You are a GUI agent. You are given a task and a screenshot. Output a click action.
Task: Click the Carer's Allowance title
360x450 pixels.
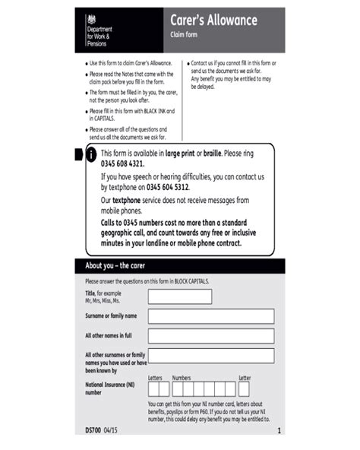pos(213,21)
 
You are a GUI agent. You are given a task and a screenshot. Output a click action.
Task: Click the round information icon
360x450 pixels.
pos(91,155)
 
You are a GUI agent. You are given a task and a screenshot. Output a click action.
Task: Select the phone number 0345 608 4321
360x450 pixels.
pos(122,163)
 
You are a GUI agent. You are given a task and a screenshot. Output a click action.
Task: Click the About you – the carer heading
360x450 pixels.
pos(115,266)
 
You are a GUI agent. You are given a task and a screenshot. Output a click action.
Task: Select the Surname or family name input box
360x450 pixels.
pos(216,316)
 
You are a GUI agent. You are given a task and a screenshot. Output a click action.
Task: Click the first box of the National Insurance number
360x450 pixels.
pos(154,388)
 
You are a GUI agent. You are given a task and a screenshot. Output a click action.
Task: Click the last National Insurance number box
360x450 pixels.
pos(245,388)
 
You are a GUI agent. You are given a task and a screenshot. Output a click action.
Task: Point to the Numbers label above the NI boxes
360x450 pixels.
pos(182,377)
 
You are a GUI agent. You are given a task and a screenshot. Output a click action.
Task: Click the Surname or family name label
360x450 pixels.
pos(112,315)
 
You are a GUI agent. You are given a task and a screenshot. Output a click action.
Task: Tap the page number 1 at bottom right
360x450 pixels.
pos(279,431)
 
